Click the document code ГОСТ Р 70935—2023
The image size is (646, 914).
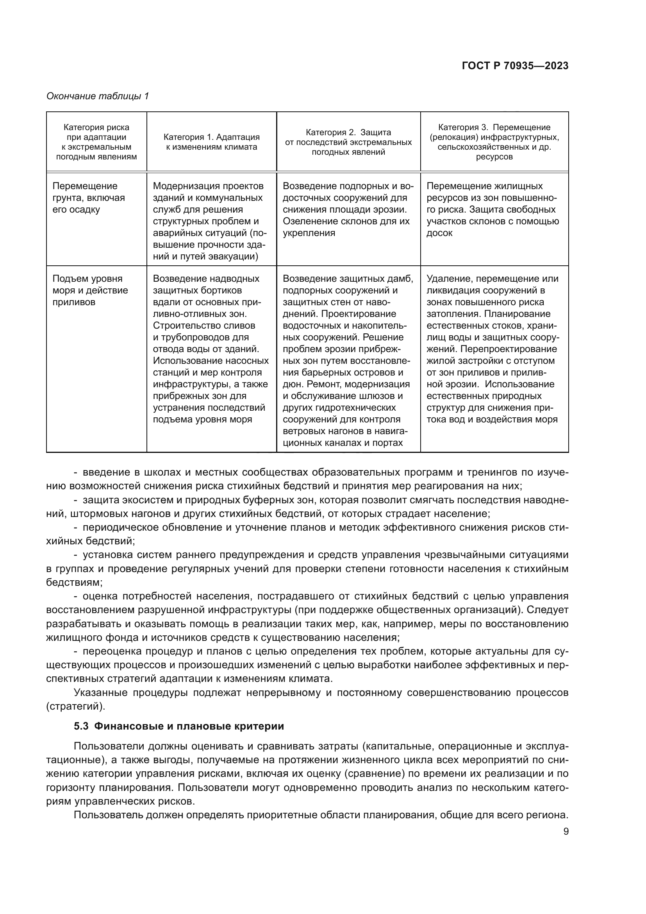tap(515, 66)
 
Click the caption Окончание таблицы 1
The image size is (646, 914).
tap(98, 96)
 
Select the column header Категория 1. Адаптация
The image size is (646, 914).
tap(211, 142)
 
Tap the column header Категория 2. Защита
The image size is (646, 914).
tap(348, 142)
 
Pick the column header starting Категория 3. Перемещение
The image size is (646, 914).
tap(494, 142)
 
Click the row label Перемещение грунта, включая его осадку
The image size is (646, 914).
tap(89, 198)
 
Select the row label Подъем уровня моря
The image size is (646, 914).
tap(90, 290)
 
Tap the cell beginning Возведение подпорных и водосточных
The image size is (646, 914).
tap(348, 209)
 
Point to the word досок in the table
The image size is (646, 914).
tap(439, 233)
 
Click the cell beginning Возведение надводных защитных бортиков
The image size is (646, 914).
tap(211, 349)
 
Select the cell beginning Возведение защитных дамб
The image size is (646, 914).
tap(348, 360)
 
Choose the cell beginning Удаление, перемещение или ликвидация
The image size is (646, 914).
tap(493, 349)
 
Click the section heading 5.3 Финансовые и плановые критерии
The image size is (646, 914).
tap(178, 726)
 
